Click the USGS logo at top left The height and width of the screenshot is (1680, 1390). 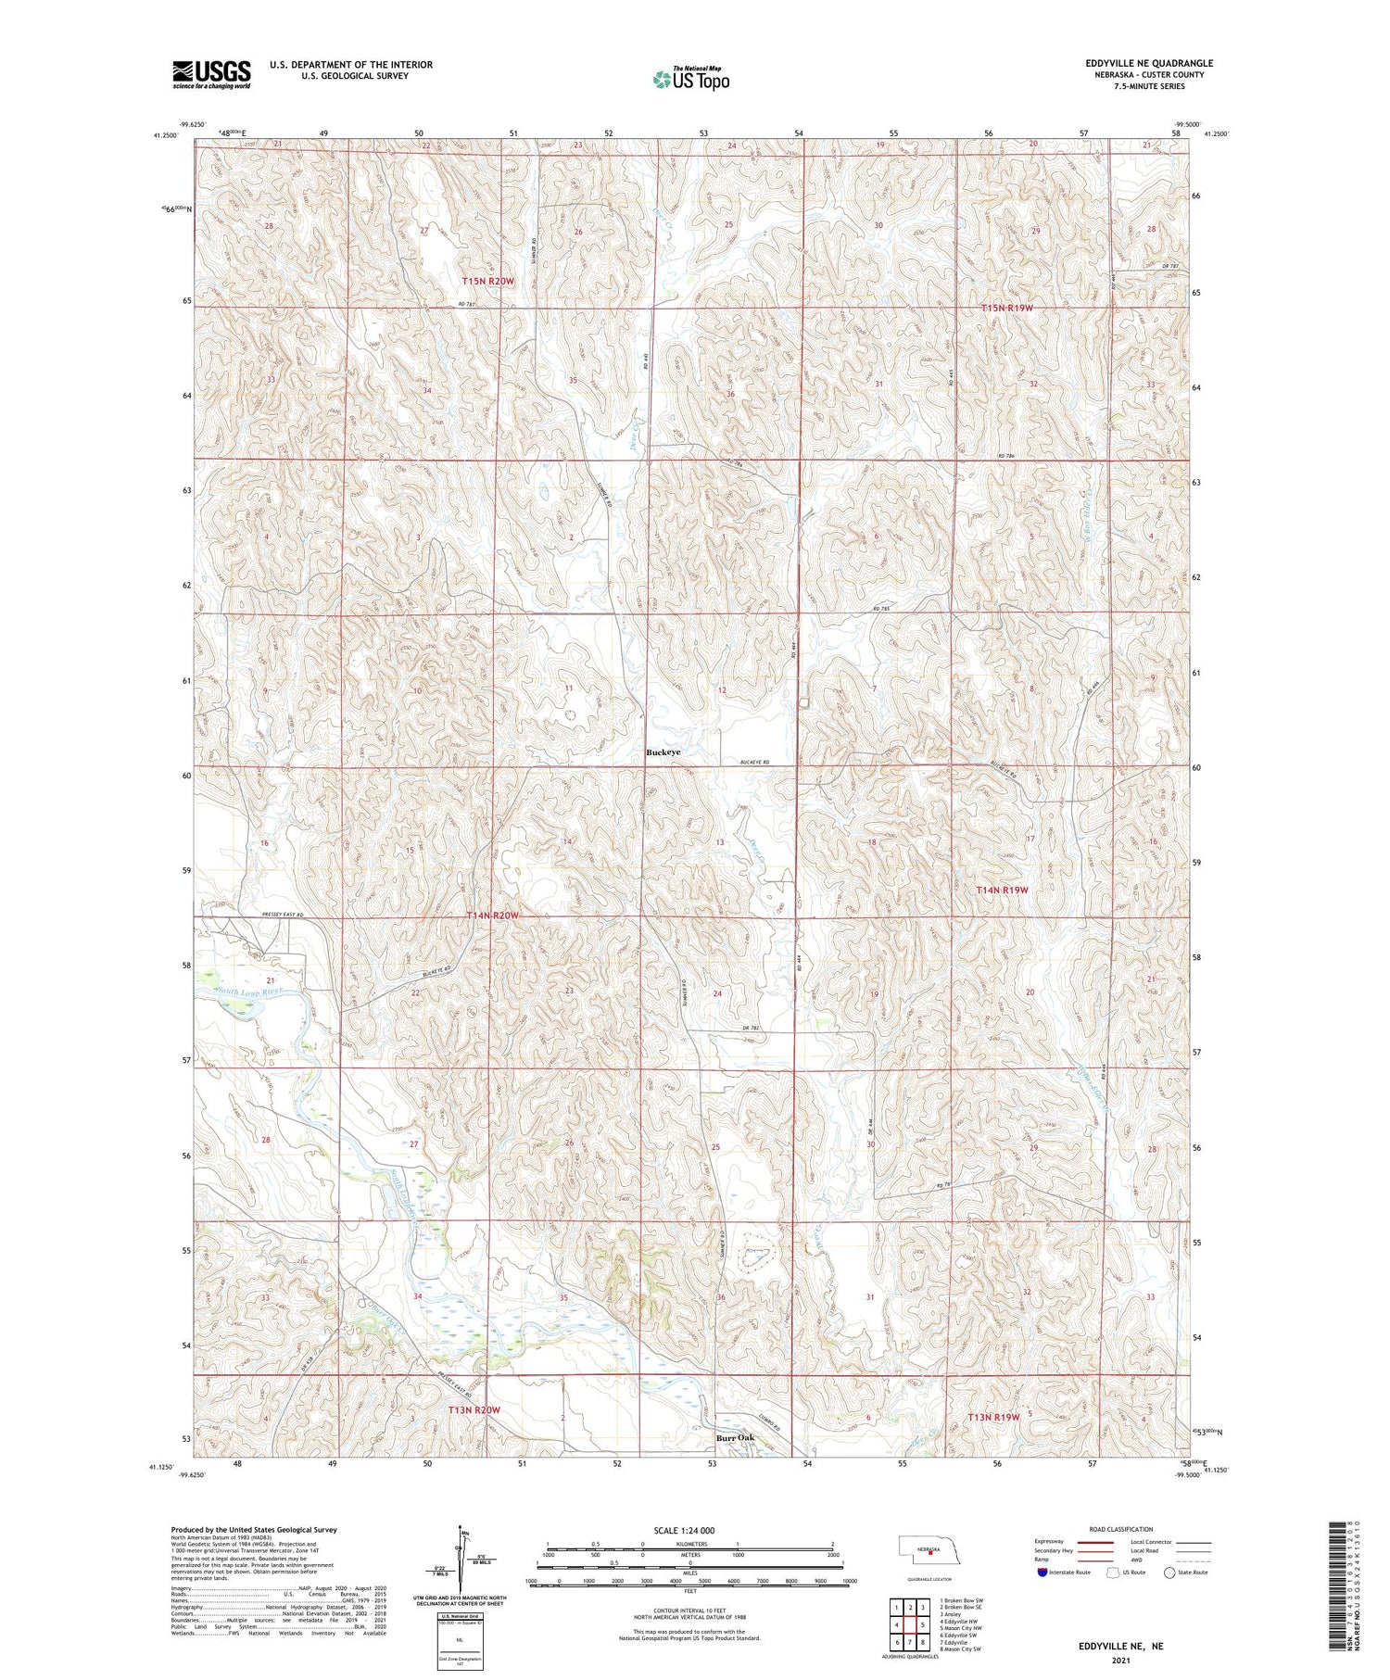point(211,74)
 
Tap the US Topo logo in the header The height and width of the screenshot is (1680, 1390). point(690,80)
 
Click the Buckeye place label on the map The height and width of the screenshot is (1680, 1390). point(663,752)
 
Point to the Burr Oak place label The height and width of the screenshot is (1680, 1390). point(735,1438)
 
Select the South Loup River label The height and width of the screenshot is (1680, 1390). point(247,992)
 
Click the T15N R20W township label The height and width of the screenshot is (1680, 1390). point(488,281)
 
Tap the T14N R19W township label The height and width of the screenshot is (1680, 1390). point(1002,890)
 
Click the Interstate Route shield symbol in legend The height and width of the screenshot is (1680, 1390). point(1042,1573)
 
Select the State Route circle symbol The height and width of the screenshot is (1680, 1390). point(1170,1573)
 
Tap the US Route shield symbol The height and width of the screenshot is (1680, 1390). point(1113,1573)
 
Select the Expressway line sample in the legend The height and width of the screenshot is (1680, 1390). point(1093,1542)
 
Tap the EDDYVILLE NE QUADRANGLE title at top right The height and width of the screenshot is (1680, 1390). point(1149,63)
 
